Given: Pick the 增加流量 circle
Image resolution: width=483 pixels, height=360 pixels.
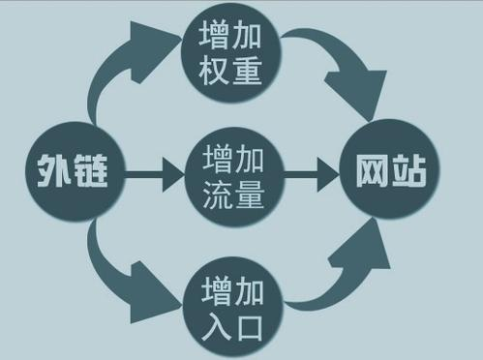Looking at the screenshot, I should [232, 176].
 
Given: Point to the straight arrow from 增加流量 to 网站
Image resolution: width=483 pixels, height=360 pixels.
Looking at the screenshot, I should [308, 176].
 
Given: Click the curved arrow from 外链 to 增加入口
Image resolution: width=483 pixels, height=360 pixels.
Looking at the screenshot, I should [121, 276].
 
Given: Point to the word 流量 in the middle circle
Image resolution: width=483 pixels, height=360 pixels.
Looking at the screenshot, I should [232, 195].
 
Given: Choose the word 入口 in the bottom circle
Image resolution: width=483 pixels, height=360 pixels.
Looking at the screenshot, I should [232, 322].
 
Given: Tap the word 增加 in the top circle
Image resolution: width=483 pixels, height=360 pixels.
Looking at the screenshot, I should [232, 35].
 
